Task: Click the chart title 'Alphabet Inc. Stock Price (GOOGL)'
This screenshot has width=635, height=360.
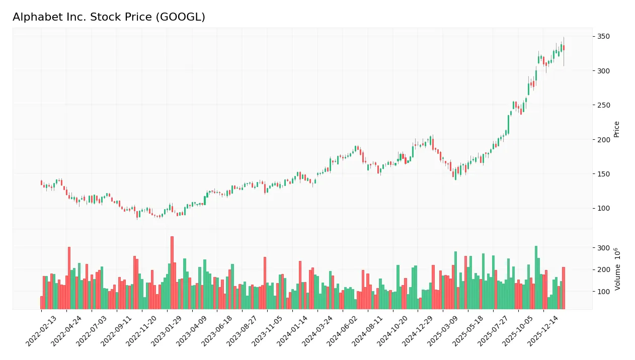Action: coord(109,17)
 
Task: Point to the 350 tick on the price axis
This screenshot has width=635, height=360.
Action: coord(604,37)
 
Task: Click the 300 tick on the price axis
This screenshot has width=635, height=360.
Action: coord(604,71)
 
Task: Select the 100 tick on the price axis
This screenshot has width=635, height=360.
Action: coord(604,208)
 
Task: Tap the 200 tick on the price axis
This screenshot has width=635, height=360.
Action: coord(604,140)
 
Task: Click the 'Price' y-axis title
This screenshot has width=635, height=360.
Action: coord(617,129)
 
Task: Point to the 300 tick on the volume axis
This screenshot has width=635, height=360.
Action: coord(604,248)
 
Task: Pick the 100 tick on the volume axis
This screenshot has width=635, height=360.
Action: coord(604,292)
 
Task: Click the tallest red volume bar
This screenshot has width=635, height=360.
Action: coord(172,273)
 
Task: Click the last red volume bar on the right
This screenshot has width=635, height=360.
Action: coord(564,288)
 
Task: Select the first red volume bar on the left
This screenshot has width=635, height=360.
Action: coord(42,303)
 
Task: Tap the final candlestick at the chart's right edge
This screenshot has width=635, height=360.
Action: coord(564,48)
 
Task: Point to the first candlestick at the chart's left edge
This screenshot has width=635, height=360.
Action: coord(42,183)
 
